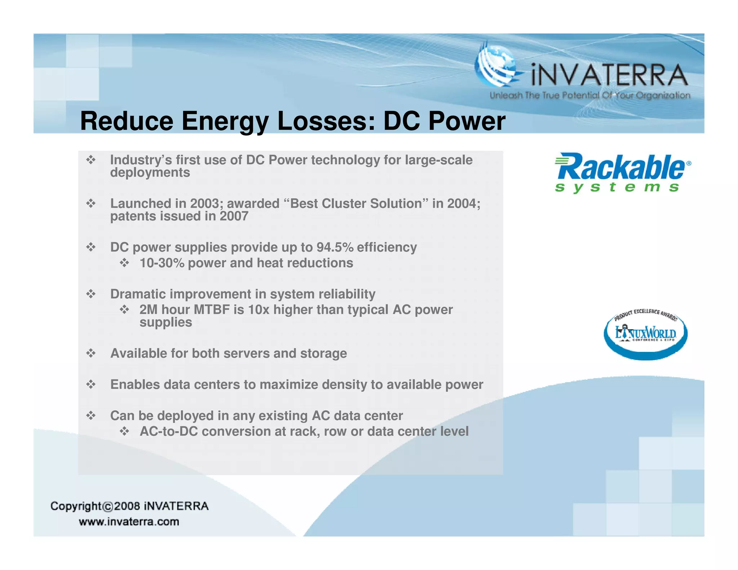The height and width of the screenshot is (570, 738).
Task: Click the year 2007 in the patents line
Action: coord(234,217)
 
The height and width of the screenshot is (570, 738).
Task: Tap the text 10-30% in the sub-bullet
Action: coord(162,263)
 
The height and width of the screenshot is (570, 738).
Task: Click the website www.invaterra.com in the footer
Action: coord(129,522)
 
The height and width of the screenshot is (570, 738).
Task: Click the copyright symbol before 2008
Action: coord(108,507)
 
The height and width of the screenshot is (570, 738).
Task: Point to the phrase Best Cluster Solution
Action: coord(356,204)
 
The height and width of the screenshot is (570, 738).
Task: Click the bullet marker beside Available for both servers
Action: coord(91,353)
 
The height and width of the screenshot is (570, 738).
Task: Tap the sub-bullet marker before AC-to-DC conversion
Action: coord(124,431)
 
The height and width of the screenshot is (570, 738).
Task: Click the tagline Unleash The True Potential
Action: coord(590,95)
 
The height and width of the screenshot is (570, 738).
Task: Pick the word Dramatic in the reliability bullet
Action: coord(138,294)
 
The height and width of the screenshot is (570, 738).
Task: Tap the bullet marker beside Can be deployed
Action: coord(91,416)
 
